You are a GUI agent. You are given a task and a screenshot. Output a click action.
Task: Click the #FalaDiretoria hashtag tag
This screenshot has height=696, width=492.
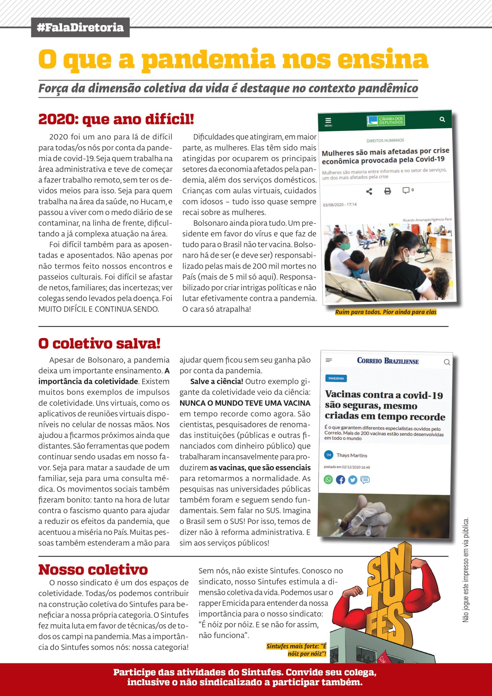(x=80, y=27)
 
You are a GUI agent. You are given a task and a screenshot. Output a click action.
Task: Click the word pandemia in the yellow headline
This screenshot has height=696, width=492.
(x=208, y=60)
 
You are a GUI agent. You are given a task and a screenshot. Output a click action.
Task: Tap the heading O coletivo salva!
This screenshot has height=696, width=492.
(x=99, y=343)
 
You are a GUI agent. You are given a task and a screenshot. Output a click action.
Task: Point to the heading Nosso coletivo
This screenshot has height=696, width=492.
(x=93, y=570)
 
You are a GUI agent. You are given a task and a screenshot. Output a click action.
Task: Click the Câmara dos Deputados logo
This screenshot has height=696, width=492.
(x=386, y=121)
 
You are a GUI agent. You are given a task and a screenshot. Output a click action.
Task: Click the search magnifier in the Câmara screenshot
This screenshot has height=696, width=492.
(x=442, y=119)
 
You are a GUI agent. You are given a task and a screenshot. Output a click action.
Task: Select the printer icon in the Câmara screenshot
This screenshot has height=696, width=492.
(x=387, y=191)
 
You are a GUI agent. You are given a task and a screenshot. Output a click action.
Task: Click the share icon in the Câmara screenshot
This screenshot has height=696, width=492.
(x=369, y=192)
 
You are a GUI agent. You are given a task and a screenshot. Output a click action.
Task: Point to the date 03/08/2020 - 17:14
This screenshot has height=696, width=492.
(x=340, y=205)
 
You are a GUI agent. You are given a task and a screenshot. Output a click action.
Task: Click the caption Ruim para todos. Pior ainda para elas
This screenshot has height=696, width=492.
(x=386, y=312)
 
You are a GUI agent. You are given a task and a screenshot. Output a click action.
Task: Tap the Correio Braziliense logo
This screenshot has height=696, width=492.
(x=388, y=361)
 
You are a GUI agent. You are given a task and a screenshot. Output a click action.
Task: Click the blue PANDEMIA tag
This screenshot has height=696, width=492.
(x=336, y=378)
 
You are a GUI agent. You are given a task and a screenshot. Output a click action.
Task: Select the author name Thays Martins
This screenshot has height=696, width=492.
(x=352, y=455)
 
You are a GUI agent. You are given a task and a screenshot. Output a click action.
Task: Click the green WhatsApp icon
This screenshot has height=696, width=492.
(x=328, y=480)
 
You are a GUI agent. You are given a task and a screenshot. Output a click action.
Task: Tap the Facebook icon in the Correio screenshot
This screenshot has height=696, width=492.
(x=340, y=480)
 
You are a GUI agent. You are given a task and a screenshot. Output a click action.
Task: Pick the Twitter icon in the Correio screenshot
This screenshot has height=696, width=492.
(x=353, y=480)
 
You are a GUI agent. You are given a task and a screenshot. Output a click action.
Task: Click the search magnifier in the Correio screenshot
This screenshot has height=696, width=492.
(x=447, y=362)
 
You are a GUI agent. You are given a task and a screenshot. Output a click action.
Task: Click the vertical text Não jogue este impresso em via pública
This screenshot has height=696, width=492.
(x=466, y=570)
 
